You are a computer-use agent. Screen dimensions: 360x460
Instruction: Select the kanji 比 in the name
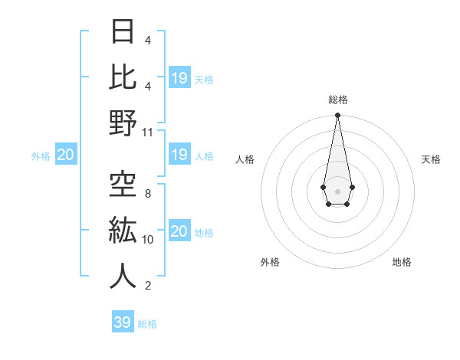click(x=123, y=77)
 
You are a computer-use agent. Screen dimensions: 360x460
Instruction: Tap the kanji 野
click(x=123, y=122)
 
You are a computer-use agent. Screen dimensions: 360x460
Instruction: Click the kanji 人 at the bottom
click(x=123, y=275)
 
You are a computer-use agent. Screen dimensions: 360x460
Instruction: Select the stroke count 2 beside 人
click(x=147, y=286)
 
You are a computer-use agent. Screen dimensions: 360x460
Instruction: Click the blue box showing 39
click(x=122, y=322)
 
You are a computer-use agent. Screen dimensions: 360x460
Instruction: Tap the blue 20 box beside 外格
click(x=66, y=155)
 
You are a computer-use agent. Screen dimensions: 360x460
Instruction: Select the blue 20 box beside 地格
click(x=179, y=231)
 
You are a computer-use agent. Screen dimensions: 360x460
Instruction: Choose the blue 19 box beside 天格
click(x=179, y=78)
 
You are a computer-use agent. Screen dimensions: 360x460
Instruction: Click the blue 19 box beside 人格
click(x=179, y=155)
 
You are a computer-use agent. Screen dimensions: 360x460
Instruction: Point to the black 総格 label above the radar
click(x=337, y=100)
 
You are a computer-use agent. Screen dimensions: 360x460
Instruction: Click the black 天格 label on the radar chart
click(x=431, y=159)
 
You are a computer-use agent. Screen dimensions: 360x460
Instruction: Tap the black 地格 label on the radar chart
click(x=402, y=262)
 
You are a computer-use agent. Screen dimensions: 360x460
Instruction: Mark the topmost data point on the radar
click(x=337, y=116)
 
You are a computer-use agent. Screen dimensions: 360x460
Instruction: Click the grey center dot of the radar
click(x=337, y=190)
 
